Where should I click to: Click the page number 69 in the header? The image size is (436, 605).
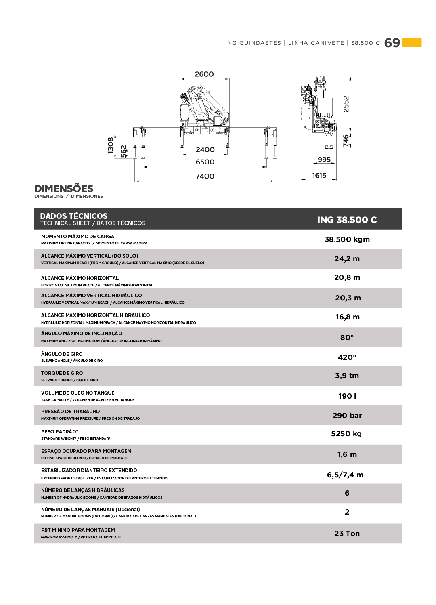392,43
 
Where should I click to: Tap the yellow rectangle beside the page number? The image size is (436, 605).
412,42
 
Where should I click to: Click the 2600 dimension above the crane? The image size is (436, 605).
204,74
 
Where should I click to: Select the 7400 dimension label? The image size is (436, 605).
205,176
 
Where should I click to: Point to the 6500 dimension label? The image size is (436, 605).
205,162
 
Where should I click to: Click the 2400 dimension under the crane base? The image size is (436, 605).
205,150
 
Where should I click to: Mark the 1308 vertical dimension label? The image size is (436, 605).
111,145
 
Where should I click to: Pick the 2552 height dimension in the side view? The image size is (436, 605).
346,104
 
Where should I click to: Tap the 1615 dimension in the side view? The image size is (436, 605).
319,176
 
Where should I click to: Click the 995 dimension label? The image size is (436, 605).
324,160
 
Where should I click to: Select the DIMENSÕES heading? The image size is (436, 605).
64,189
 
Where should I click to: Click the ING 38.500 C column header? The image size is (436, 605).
347,220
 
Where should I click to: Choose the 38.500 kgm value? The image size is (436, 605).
347,239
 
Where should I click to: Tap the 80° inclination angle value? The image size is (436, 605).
347,338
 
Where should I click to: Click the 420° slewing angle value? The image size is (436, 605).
347,357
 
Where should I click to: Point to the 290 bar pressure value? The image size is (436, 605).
347,416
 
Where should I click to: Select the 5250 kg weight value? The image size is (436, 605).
346,434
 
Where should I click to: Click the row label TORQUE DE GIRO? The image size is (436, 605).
62,373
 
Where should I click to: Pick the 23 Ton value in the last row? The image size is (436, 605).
347,534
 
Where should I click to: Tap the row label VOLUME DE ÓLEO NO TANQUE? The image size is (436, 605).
78,393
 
